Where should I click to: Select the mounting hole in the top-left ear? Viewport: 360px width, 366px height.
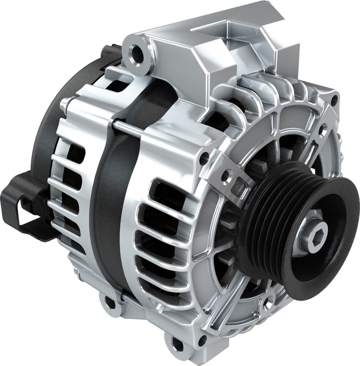(137, 54)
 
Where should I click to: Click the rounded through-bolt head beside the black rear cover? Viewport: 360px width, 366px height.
(64, 104)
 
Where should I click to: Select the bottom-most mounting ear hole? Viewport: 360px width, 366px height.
(178, 345)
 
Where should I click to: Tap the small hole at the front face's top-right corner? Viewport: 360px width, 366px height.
(333, 100)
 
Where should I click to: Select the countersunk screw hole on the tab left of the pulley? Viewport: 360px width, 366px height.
(225, 176)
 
